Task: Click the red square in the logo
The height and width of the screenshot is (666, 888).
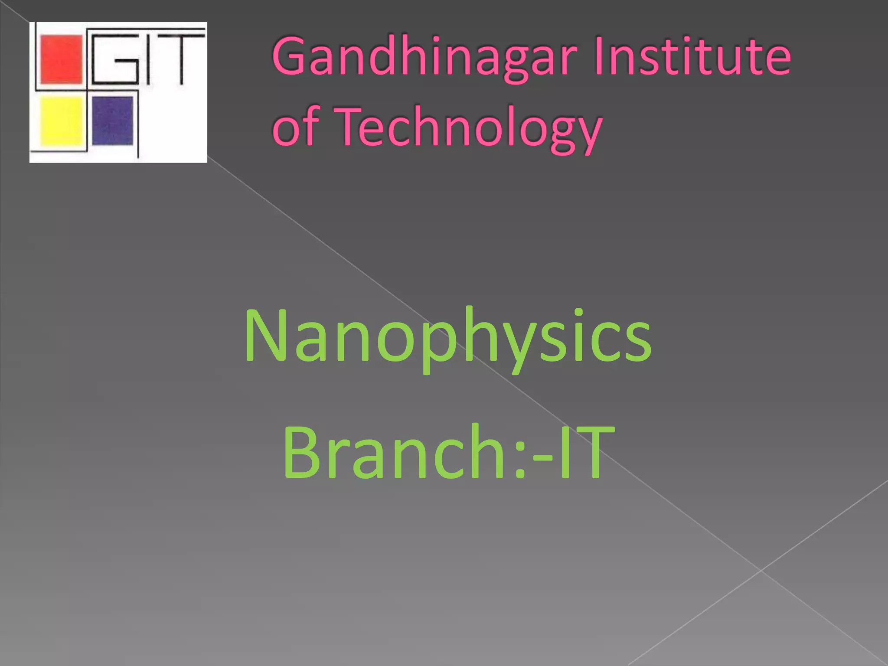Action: point(61,60)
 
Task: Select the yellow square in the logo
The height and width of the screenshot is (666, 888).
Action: point(61,121)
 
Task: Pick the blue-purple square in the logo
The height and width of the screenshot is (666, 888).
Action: point(112,120)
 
